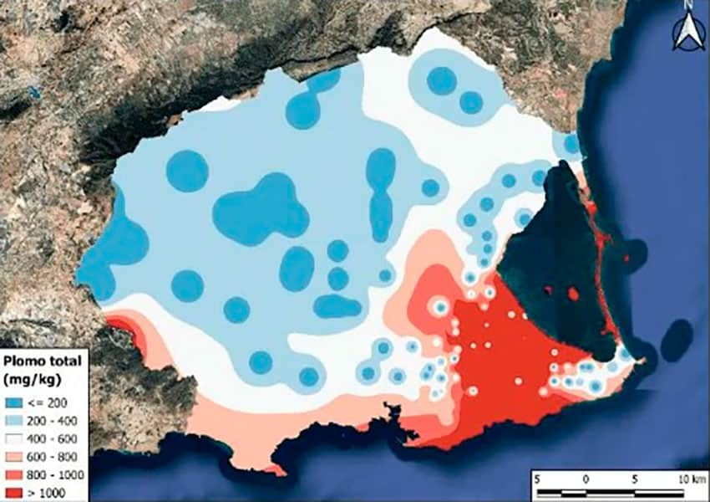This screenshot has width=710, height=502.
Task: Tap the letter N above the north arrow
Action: [689, 6]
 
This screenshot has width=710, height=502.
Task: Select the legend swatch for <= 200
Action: [15, 403]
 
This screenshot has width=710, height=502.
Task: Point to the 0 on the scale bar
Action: [586, 477]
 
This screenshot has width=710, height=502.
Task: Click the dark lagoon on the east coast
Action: [543, 251]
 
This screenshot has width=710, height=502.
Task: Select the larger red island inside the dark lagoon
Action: [573, 294]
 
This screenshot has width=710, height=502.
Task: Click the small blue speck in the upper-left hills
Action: [34, 92]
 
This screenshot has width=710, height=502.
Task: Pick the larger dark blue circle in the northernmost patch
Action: [441, 81]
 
